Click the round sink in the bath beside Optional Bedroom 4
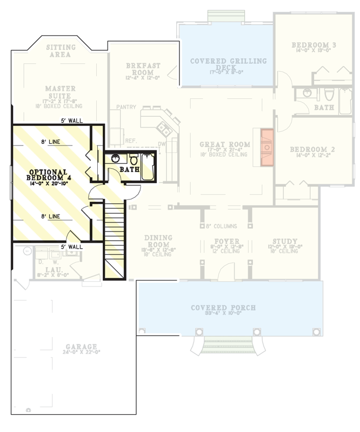115,159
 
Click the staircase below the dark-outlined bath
114,238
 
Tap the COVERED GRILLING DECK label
228,65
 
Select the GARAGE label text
81,347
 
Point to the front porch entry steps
226,343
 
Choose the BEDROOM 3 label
314,45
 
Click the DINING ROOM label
158,241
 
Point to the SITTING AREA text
61,51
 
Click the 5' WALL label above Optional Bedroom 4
71,121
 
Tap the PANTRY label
125,108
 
